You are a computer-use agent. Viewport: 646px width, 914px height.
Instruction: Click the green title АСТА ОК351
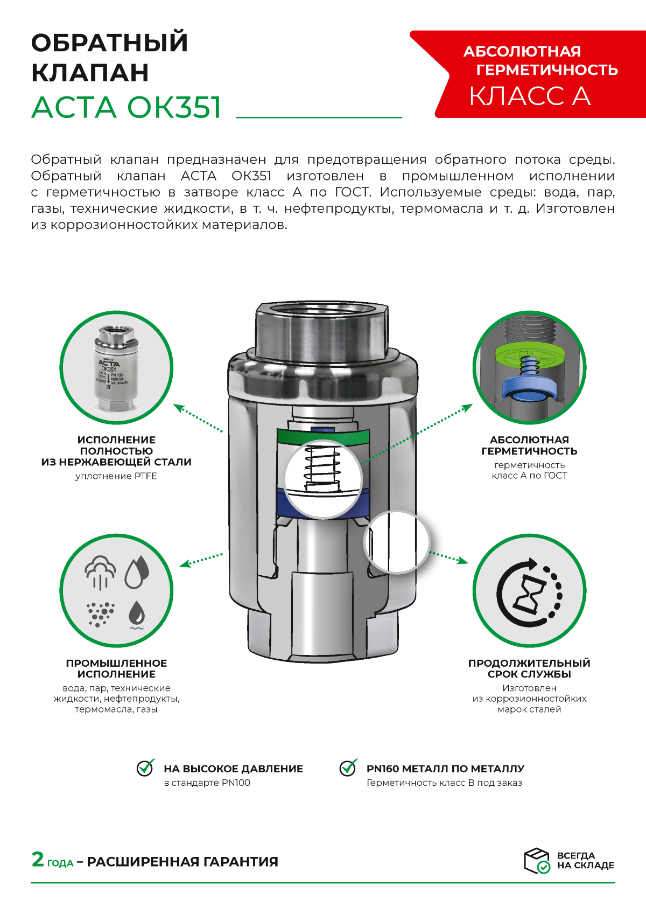[x=127, y=107]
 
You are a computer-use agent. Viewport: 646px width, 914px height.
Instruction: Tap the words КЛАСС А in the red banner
[x=530, y=96]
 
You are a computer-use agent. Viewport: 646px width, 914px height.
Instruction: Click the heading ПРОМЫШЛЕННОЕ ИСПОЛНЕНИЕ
[x=116, y=668]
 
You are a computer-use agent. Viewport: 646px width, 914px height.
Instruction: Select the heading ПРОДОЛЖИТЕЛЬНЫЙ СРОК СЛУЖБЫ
[x=529, y=668]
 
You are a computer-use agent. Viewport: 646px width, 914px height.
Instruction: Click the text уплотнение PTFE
[x=116, y=476]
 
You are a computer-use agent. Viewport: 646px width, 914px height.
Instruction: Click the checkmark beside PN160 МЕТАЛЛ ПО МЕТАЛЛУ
[x=348, y=768]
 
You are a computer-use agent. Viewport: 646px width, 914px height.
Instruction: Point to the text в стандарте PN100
[x=207, y=783]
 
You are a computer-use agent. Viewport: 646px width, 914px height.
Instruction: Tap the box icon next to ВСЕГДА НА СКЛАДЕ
[x=537, y=860]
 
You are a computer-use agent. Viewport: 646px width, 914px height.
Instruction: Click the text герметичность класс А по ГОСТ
[x=529, y=470]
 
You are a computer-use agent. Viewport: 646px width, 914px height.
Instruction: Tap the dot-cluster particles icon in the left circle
[x=100, y=613]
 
